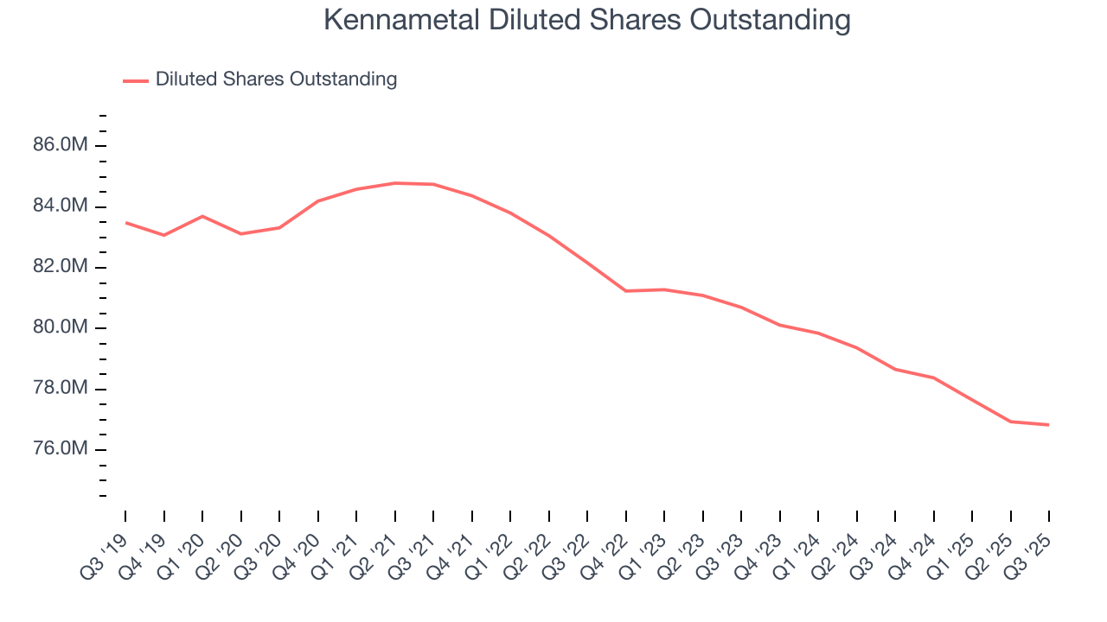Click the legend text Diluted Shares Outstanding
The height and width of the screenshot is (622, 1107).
[x=276, y=79]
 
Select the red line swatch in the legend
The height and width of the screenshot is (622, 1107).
[x=136, y=80]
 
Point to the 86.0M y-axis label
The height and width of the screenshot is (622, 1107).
[x=61, y=145]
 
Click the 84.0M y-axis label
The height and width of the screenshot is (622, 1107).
[x=61, y=206]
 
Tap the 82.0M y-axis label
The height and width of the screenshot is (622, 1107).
[x=61, y=267]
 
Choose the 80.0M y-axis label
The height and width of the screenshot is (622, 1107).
[x=61, y=327]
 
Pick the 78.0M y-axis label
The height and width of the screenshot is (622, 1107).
[x=61, y=389]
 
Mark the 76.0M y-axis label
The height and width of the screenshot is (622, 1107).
[x=61, y=449]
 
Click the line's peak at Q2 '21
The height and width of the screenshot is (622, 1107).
[x=395, y=183]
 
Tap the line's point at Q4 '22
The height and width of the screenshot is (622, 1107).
[x=626, y=291]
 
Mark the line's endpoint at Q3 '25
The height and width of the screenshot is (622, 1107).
[x=1049, y=425]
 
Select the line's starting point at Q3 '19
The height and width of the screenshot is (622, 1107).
[x=125, y=223]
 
